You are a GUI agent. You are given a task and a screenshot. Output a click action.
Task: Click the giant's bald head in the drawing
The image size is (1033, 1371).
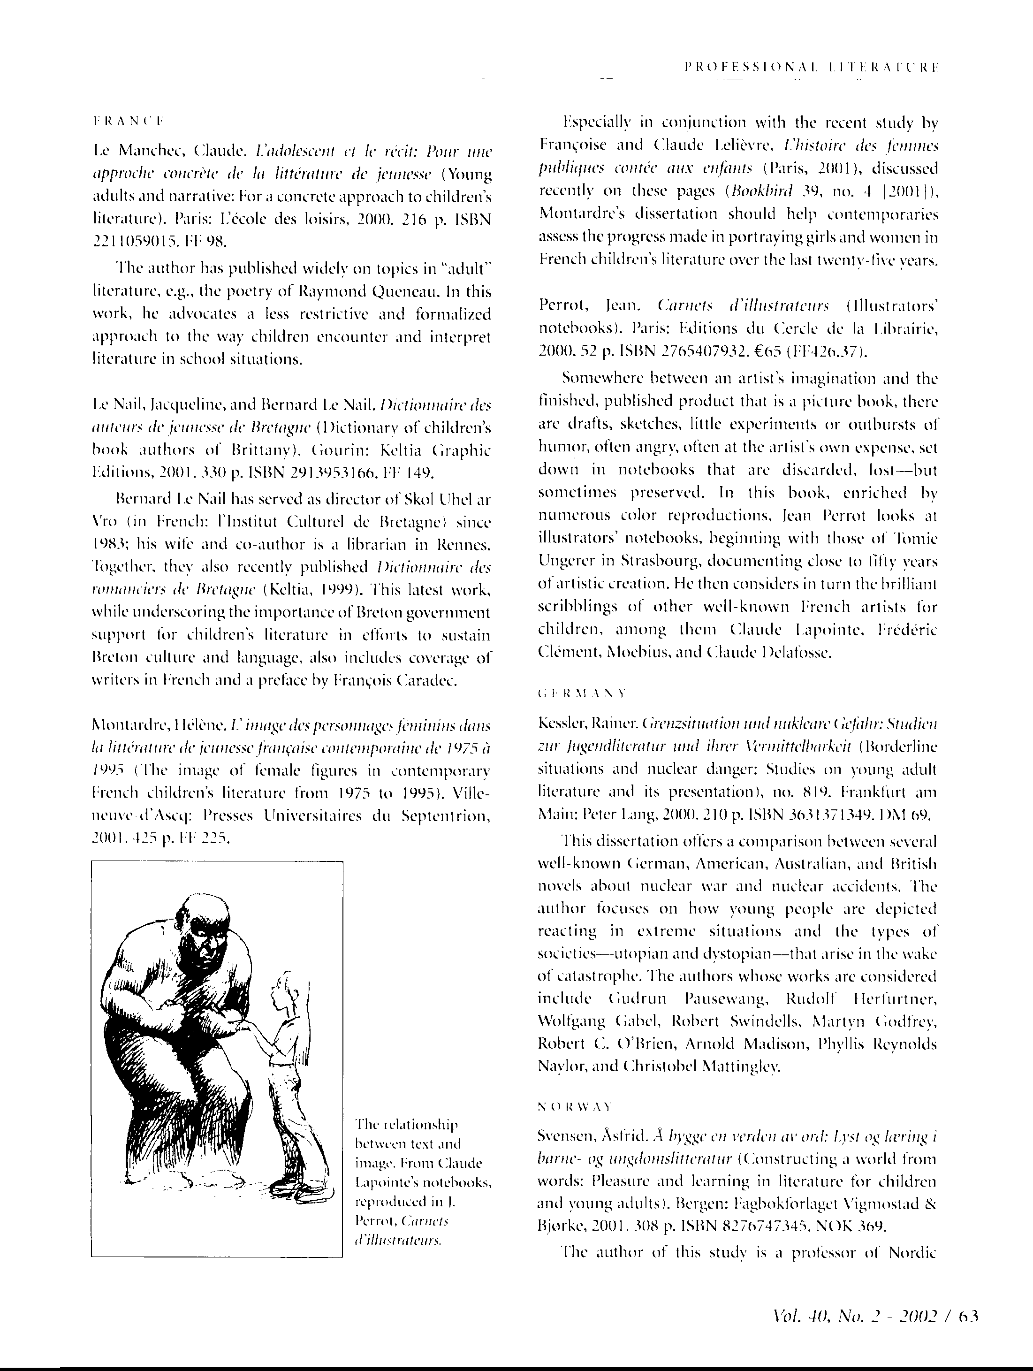tap(205, 912)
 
